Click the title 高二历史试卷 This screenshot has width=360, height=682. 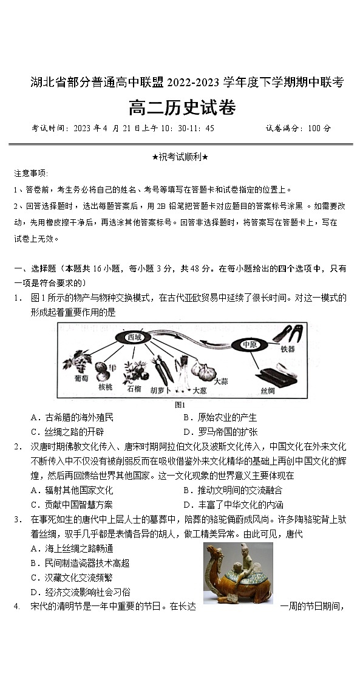[182, 108]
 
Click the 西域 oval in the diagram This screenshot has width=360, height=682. [134, 337]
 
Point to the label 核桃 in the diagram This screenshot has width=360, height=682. [105, 387]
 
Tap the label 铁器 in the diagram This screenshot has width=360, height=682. [287, 349]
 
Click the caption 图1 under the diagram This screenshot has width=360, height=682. [180, 404]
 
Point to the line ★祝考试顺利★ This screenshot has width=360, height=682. [180, 157]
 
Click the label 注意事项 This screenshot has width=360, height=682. [31, 173]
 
